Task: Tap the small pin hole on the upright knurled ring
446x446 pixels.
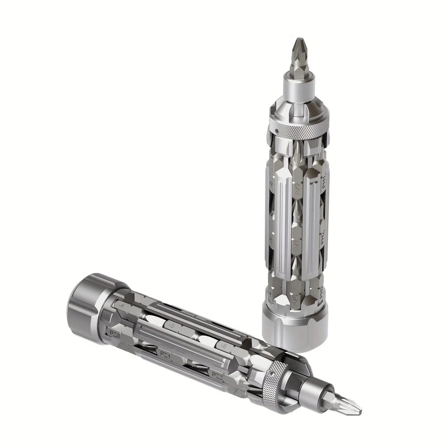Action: [x=277, y=130]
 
